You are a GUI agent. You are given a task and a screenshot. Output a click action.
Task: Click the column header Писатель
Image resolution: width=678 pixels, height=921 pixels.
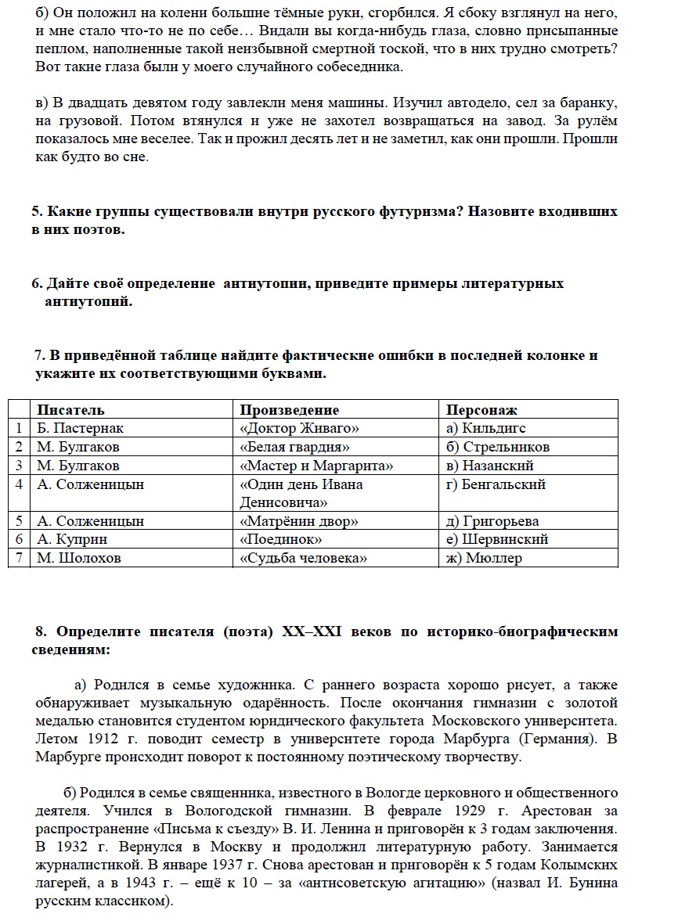[70, 409]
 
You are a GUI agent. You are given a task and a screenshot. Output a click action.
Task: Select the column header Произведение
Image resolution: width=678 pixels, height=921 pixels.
[289, 409]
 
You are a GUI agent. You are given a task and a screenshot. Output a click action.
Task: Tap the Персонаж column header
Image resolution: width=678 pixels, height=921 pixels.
[481, 409]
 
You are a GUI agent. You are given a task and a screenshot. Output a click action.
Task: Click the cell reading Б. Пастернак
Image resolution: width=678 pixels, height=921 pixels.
[80, 428]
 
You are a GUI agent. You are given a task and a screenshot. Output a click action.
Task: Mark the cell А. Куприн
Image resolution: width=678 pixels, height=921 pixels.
[72, 539]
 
